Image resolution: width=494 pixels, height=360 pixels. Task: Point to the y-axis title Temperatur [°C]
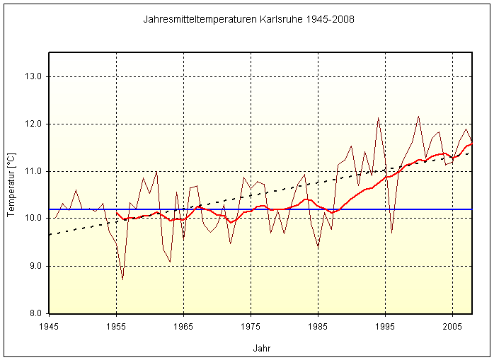pyautogui.click(x=11, y=183)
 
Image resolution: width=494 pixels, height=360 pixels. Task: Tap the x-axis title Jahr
pyautogui.click(x=261, y=348)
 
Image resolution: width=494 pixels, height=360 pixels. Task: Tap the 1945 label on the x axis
pyautogui.click(x=49, y=327)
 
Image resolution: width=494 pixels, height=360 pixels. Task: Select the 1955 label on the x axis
pyautogui.click(x=116, y=327)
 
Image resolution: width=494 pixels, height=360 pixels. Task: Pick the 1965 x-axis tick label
pyautogui.click(x=183, y=327)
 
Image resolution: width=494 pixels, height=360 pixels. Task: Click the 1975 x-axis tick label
pyautogui.click(x=251, y=327)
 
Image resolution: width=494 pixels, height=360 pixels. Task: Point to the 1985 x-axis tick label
pyautogui.click(x=318, y=327)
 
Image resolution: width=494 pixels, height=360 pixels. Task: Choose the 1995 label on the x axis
pyautogui.click(x=385, y=327)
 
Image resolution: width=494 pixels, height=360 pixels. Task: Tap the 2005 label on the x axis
pyautogui.click(x=452, y=327)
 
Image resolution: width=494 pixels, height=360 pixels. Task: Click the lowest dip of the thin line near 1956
pyautogui.click(x=123, y=279)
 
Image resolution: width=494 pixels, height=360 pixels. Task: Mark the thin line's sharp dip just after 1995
pyautogui.click(x=391, y=232)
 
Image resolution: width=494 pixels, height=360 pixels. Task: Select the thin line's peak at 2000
pyautogui.click(x=418, y=117)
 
